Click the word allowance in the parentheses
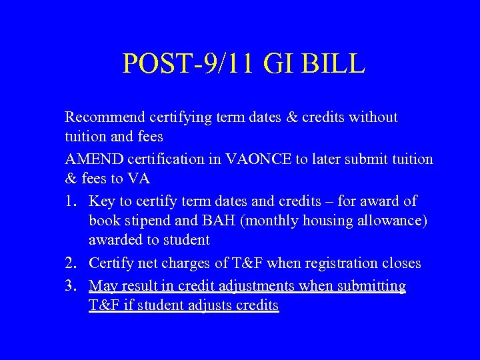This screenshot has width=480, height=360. point(393,221)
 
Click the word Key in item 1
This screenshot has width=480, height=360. point(101,201)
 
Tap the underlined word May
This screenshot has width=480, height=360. point(102,286)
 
